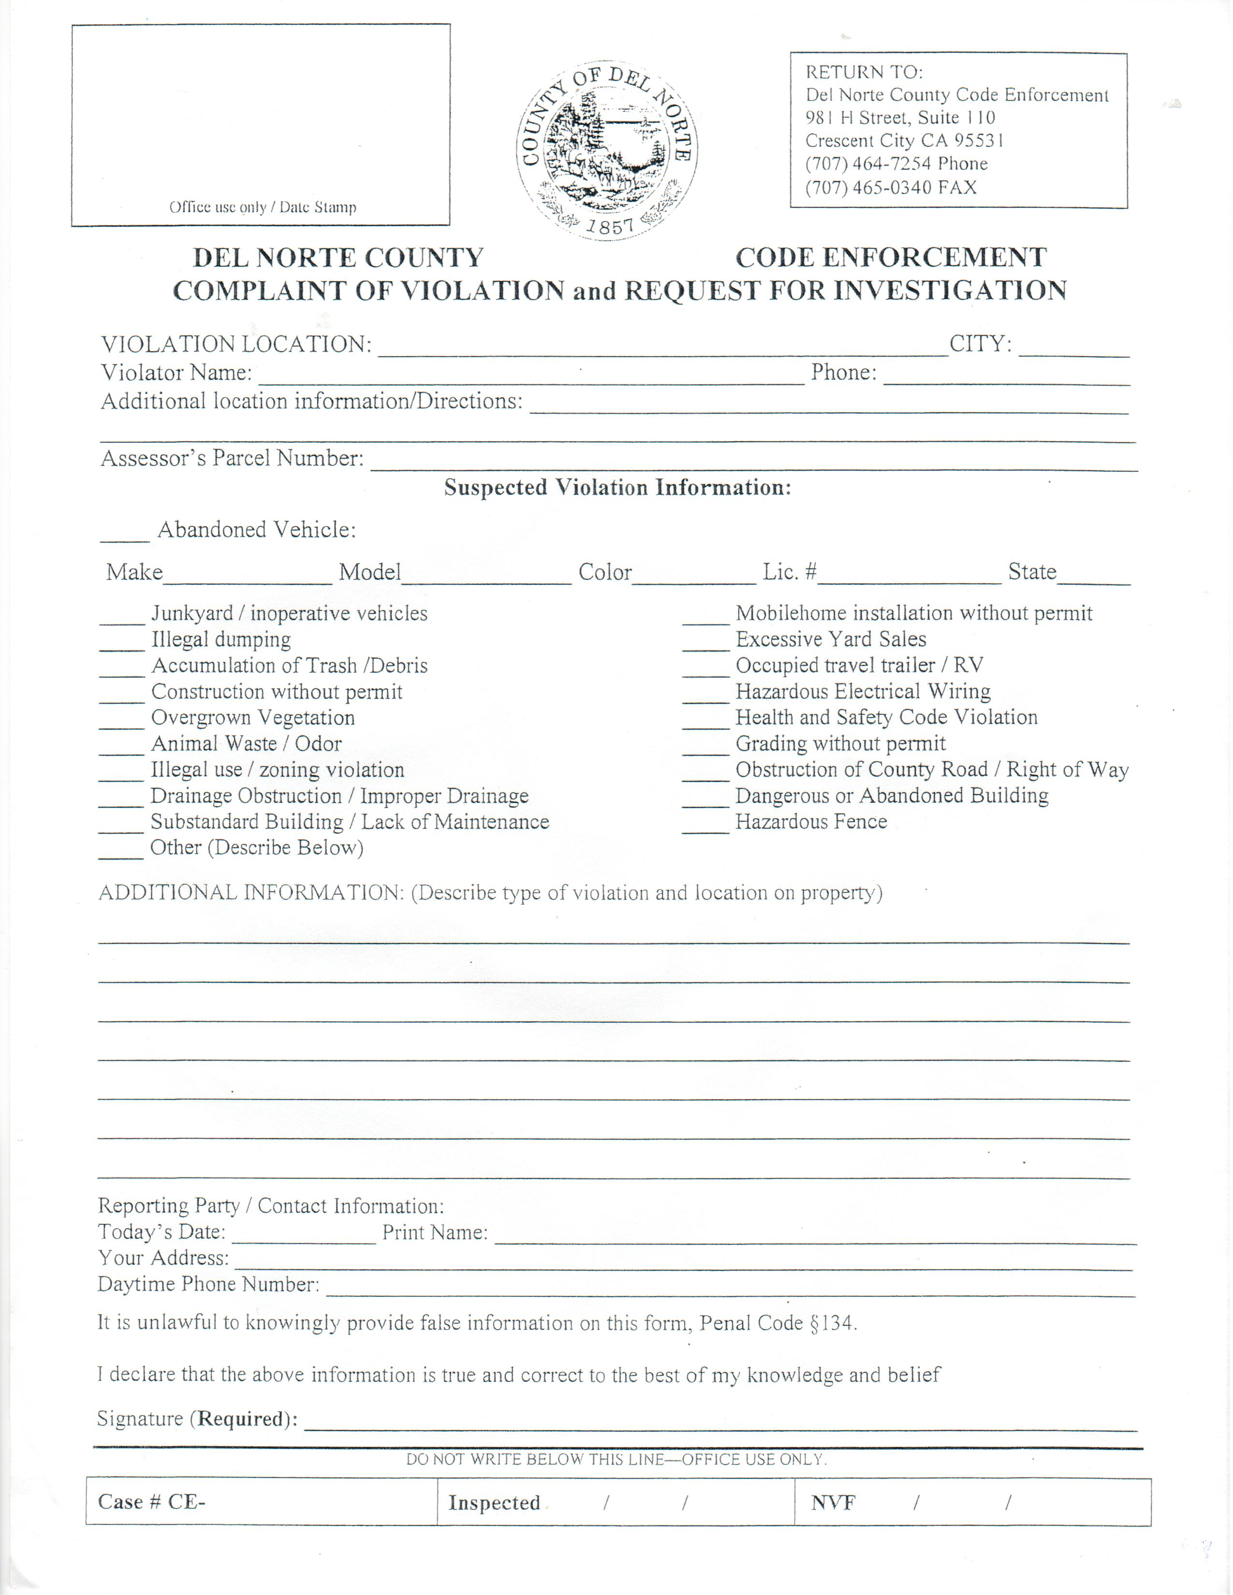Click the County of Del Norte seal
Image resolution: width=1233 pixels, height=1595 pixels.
coord(607,150)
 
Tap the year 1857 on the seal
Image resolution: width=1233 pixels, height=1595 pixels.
coord(611,226)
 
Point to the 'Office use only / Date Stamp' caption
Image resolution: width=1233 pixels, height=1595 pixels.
coord(263,207)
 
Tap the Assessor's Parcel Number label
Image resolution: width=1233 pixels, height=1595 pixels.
coord(232,459)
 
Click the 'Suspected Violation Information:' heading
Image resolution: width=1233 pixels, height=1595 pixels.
coord(617,488)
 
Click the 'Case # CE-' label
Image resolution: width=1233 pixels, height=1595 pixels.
coord(152,1502)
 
